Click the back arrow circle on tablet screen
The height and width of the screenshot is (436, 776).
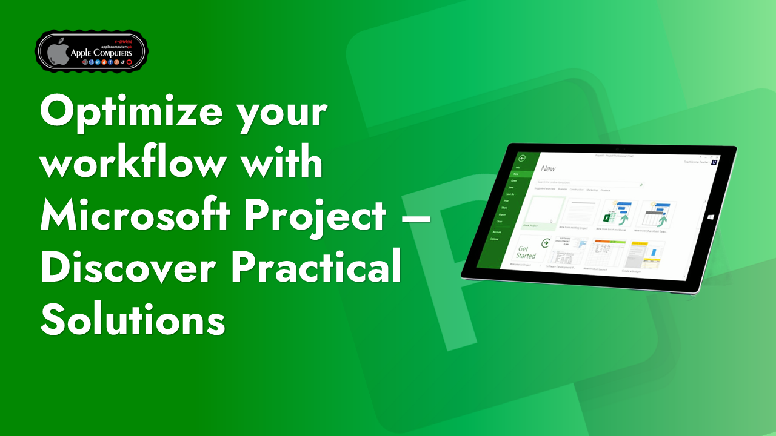[x=522, y=159]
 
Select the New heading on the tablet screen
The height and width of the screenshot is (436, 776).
[x=547, y=168]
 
